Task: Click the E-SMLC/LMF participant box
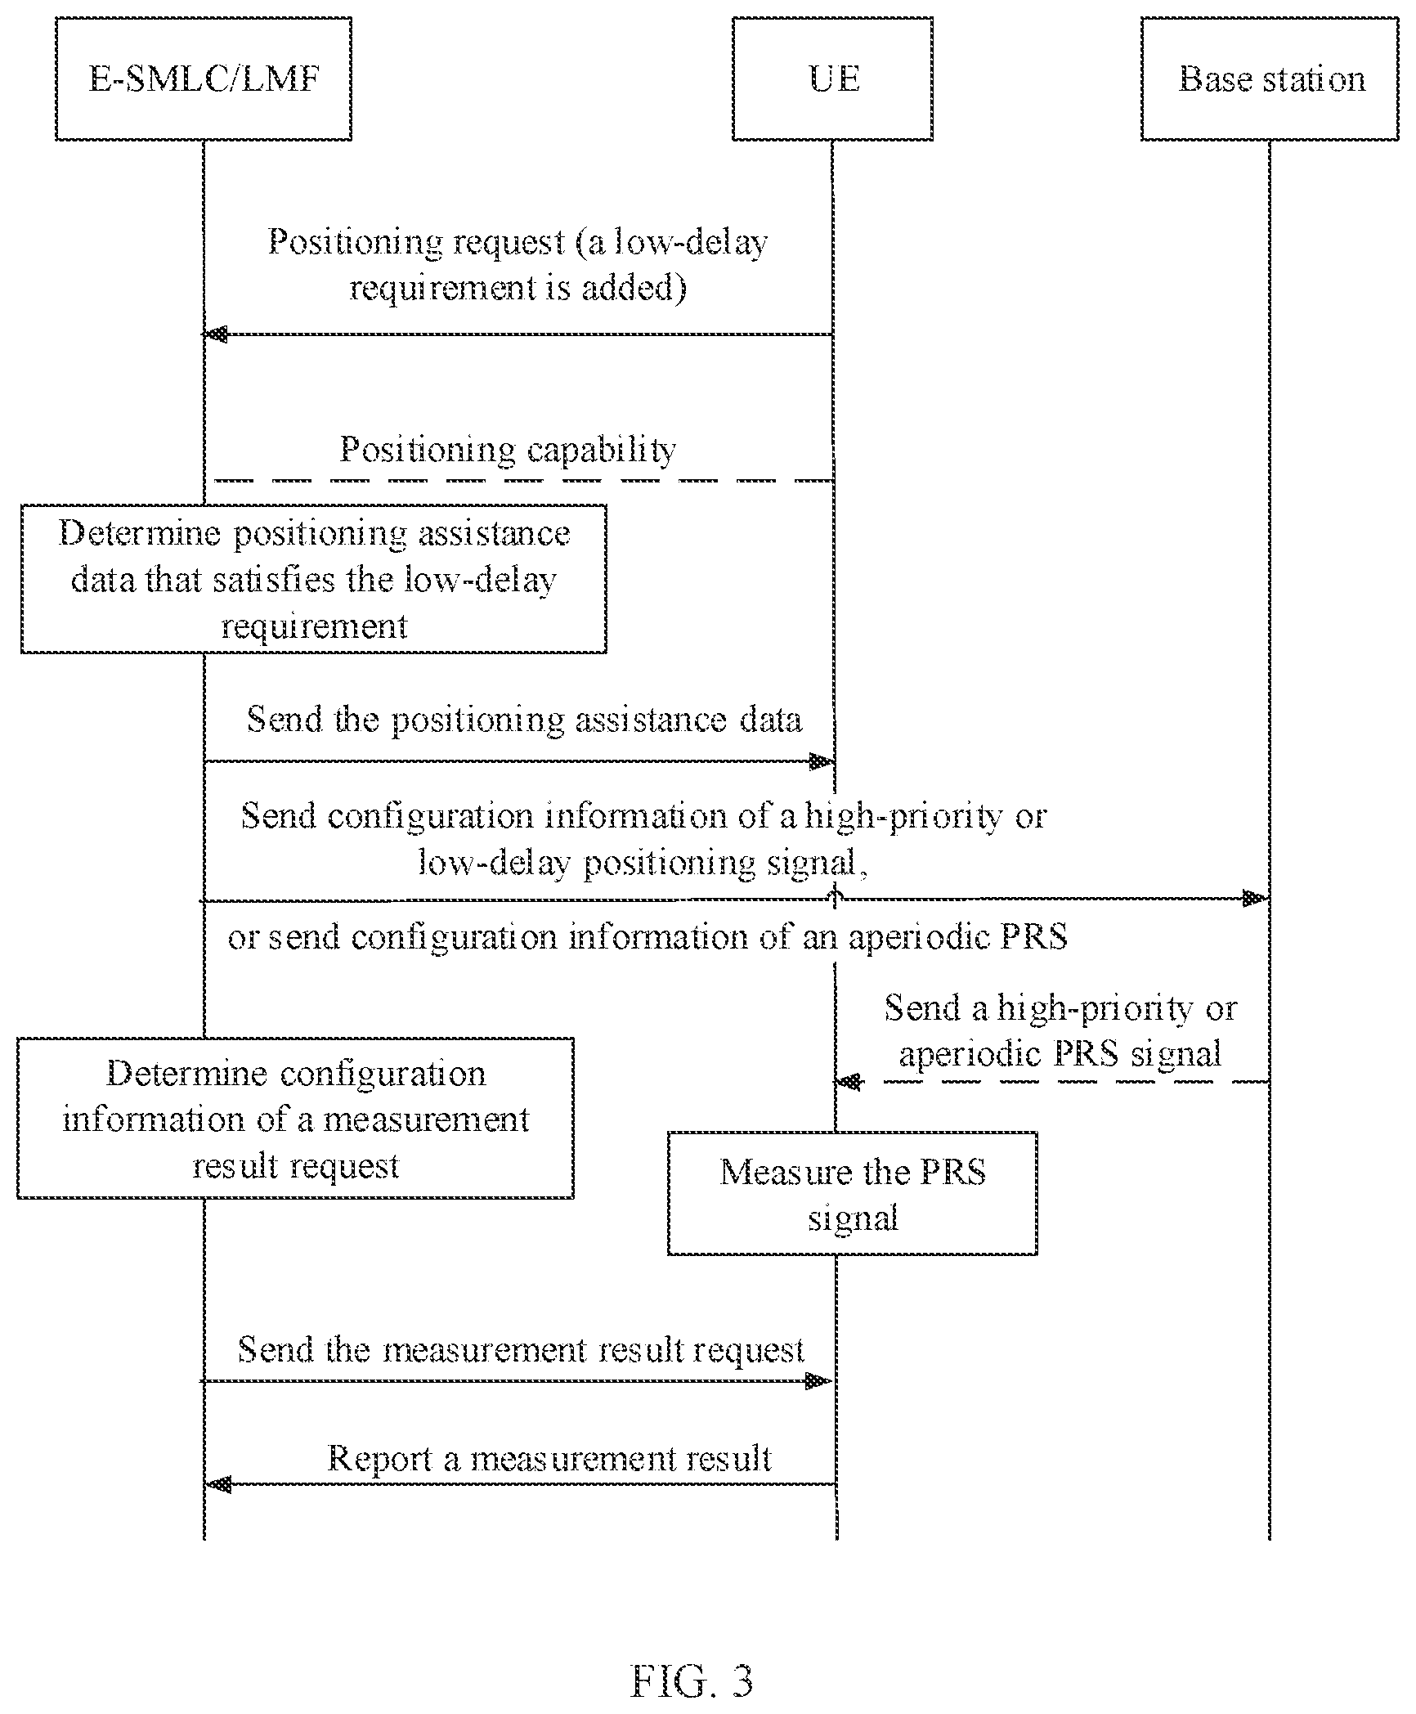204,79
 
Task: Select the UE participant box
832,79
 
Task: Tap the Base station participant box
1270,79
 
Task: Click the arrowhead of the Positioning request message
216,334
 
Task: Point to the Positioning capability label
509,449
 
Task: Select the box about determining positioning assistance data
314,579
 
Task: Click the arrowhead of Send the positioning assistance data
821,762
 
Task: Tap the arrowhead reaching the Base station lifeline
1256,899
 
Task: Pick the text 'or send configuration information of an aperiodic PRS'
648,937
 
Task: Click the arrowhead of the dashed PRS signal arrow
849,1082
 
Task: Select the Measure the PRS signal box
853,1193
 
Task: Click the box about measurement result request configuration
295,1118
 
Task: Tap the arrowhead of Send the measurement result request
819,1381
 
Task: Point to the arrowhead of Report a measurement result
218,1483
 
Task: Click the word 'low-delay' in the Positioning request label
692,242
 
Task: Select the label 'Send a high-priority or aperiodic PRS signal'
1061,1030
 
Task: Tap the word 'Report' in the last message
379,1459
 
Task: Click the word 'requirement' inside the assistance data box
315,626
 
